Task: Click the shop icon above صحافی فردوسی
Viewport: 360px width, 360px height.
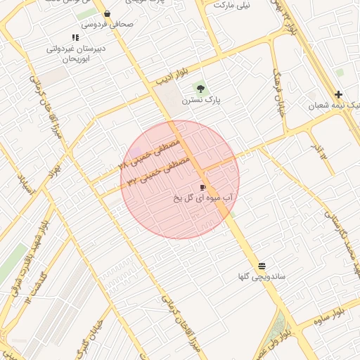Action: (107, 13)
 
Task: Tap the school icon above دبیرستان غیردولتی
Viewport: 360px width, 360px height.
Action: (75, 38)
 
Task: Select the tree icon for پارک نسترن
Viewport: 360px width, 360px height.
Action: (201, 89)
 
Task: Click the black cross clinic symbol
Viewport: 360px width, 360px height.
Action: (339, 94)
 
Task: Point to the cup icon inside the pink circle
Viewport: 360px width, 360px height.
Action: (203, 187)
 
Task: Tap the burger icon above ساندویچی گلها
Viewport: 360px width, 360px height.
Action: (262, 266)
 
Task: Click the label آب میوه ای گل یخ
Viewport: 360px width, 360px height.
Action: (203, 198)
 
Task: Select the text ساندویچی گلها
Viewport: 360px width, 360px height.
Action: (262, 277)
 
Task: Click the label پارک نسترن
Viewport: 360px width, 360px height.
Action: (201, 100)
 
